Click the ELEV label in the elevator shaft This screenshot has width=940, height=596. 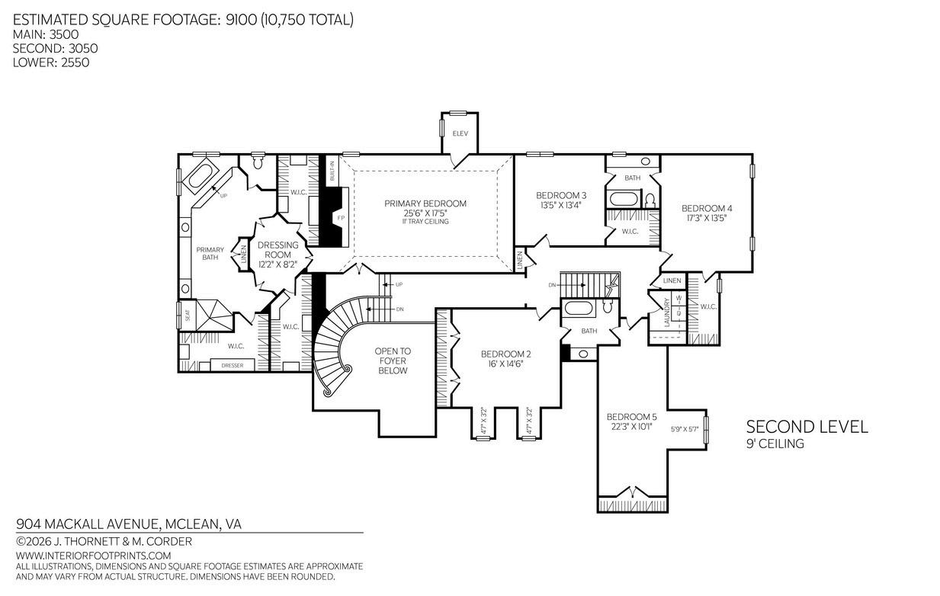click(x=460, y=133)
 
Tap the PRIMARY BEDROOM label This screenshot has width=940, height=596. click(x=425, y=203)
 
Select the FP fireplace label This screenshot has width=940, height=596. click(x=341, y=218)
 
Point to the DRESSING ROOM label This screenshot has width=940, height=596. click(x=278, y=250)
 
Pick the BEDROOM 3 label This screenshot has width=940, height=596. click(x=561, y=195)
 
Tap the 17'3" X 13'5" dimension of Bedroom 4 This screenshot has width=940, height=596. click(x=707, y=218)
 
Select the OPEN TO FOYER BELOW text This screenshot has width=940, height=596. click(x=393, y=360)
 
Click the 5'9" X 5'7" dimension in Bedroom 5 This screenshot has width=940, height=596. click(x=685, y=429)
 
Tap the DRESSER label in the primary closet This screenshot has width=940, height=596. click(x=233, y=365)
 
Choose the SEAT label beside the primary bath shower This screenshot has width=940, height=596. click(x=188, y=315)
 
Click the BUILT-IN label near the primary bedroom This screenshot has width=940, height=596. click(x=332, y=171)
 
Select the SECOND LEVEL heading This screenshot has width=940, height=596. click(x=807, y=427)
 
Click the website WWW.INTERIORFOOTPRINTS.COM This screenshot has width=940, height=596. click(x=94, y=556)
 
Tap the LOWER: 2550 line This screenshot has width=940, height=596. click(x=51, y=62)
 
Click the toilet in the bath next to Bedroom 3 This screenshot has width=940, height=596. click(x=650, y=200)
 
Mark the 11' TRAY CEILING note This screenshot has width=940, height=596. click(x=425, y=222)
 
